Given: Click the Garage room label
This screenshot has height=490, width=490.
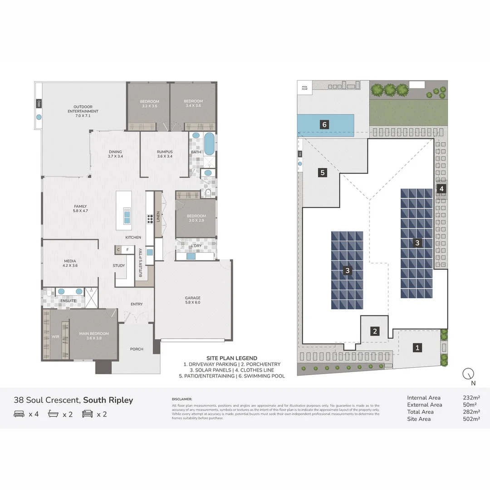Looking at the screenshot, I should click(192, 300).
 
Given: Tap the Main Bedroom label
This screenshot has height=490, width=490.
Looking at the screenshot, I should click(94, 336).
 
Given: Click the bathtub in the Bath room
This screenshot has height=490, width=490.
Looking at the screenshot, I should click(209, 144).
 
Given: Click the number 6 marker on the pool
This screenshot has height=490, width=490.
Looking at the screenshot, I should click(324, 124).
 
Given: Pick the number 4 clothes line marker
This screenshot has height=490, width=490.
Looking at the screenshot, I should click(441, 188).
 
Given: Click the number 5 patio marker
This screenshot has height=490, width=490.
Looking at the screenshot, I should click(322, 172).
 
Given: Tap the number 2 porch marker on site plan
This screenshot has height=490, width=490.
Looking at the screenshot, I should click(375, 331).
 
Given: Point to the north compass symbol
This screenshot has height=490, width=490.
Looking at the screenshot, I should click(468, 374).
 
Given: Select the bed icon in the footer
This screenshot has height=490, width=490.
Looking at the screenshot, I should click(19, 414).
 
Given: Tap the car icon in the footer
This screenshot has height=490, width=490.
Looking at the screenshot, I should click(88, 414).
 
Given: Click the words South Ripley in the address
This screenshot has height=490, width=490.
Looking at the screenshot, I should click(108, 400).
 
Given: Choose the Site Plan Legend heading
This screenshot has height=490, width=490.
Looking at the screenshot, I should click(231, 358).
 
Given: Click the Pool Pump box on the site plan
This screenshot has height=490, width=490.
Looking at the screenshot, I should click(303, 88).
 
